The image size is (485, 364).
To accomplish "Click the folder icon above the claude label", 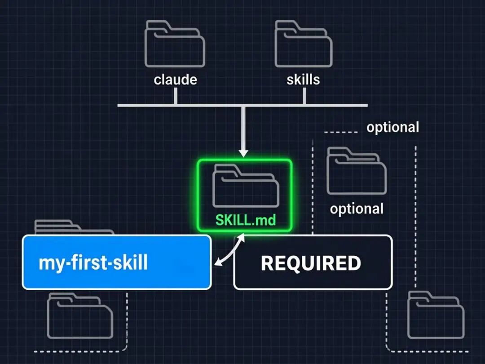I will click(175, 45).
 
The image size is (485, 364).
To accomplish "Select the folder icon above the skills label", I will click(304, 45).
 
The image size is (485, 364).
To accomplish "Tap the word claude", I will click(175, 80).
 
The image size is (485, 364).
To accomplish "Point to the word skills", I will click(304, 80).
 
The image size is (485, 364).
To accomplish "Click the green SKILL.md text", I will click(245, 221).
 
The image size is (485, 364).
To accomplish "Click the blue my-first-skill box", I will click(117, 262).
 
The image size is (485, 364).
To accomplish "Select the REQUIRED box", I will click(313, 262).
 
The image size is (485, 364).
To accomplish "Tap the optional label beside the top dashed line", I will click(392, 127).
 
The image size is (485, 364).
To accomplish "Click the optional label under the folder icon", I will click(357, 209).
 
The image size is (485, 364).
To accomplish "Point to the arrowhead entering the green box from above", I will click(243, 153).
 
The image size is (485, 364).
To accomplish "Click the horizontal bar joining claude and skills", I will click(242, 106).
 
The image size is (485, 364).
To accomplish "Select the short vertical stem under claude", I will click(175, 96).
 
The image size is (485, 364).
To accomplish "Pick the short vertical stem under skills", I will click(304, 96).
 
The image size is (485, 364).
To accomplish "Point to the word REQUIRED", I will click(311, 263).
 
